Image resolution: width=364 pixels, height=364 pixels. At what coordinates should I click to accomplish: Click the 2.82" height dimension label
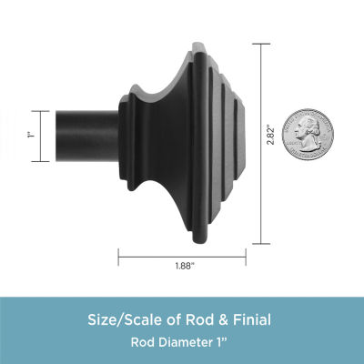point(270,134)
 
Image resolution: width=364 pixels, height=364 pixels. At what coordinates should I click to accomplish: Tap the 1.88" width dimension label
point(185,267)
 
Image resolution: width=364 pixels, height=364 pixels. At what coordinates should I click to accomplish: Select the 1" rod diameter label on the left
point(30,135)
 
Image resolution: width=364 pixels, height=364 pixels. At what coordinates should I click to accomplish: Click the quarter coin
point(308,135)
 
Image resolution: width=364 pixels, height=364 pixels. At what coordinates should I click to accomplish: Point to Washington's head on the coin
point(307,131)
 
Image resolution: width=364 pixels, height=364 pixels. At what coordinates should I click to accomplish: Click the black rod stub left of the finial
point(87,136)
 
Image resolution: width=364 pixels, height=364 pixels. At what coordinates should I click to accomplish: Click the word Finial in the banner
point(252,319)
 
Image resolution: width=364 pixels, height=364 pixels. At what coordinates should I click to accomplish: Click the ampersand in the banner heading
point(223,320)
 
